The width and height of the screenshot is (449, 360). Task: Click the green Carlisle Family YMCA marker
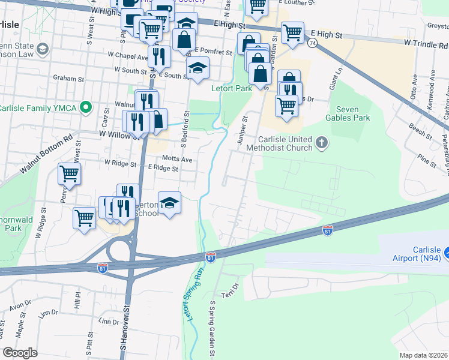(x=85, y=109)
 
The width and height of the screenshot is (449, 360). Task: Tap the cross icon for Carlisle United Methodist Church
(x=322, y=143)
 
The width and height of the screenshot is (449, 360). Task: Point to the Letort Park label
(x=231, y=88)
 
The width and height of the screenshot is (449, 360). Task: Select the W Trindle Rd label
(x=425, y=43)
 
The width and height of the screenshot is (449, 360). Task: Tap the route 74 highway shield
(x=312, y=43)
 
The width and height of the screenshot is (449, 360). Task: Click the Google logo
(x=20, y=353)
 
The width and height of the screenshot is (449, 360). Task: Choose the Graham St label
(x=68, y=79)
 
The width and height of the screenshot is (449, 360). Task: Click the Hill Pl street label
(x=77, y=300)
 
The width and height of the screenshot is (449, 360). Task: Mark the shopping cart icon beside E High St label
(x=292, y=32)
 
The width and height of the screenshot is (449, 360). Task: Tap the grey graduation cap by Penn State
(x=42, y=48)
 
